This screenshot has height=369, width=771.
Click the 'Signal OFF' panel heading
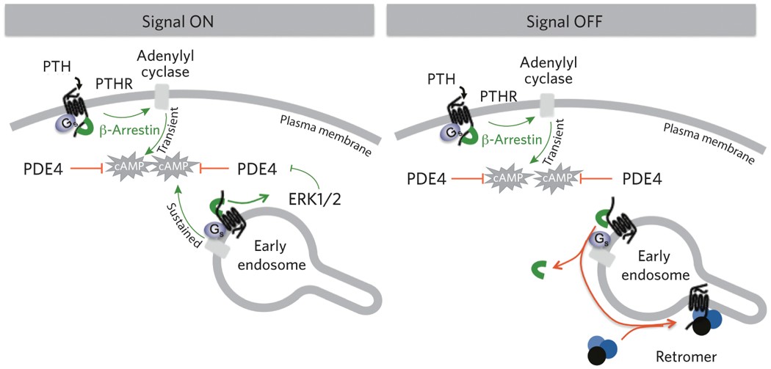coord(577,21)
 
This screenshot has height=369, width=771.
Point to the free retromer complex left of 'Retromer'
coord(600,348)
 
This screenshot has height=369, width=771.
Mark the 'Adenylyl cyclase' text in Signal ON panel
coord(164,66)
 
